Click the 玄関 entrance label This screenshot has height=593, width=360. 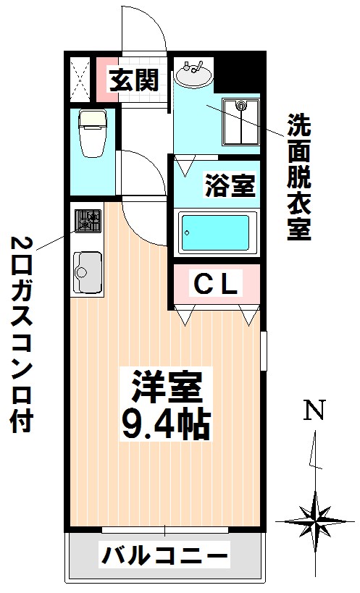click(133, 79)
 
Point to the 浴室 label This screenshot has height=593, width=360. click(230, 186)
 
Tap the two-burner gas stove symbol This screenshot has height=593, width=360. click(88, 219)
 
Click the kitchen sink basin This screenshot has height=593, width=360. click(87, 272)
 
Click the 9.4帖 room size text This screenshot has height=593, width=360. click(165, 425)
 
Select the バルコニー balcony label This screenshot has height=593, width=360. click(164, 558)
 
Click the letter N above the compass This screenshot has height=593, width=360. click(314, 411)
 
